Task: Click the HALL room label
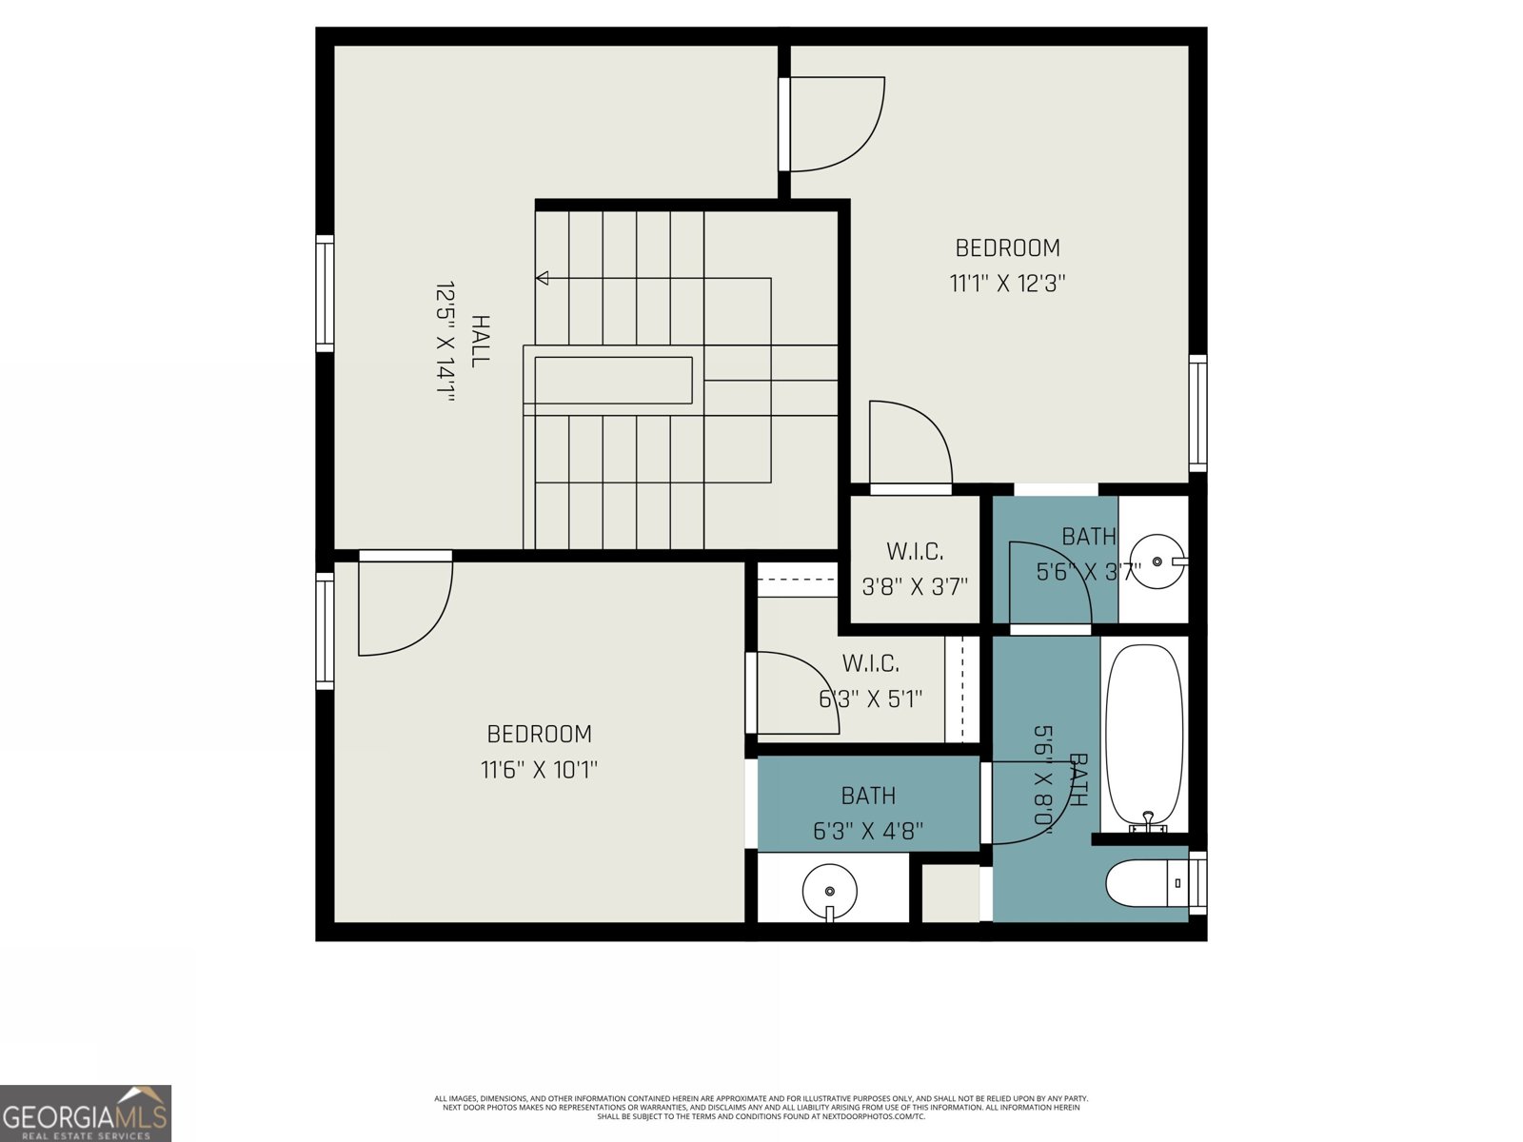[x=481, y=341]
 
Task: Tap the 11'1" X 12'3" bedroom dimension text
[x=1007, y=284]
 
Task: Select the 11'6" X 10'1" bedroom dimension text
[x=539, y=770]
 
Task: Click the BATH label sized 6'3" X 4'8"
[x=868, y=796]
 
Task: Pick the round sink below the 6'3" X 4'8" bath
[x=829, y=892]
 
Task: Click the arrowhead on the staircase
[x=543, y=278]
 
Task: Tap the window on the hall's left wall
[x=326, y=293]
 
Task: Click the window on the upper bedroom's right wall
[x=1197, y=413]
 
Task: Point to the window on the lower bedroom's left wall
[x=326, y=631]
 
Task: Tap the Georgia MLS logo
[x=86, y=1113]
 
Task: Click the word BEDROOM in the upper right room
[x=1007, y=248]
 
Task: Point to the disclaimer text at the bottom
[x=761, y=1107]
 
